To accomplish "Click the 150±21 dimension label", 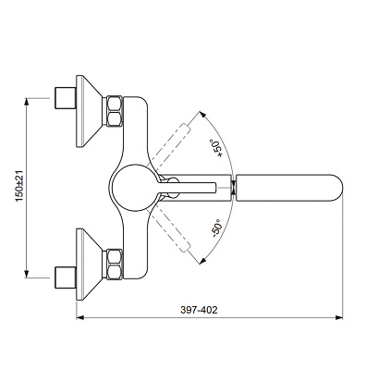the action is pyautogui.click(x=19, y=186).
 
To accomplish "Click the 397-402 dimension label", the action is pyautogui.click(x=199, y=310).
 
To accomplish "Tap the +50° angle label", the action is pyautogui.click(x=216, y=148).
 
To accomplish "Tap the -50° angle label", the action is pyautogui.click(x=217, y=228).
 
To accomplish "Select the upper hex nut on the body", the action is pyautogui.click(x=115, y=111).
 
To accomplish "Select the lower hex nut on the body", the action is pyautogui.click(x=115, y=264).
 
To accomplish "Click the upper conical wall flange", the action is pyautogui.click(x=89, y=111).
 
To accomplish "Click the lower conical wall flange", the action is pyautogui.click(x=89, y=264).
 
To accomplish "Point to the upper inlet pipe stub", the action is pyautogui.click(x=66, y=98).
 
